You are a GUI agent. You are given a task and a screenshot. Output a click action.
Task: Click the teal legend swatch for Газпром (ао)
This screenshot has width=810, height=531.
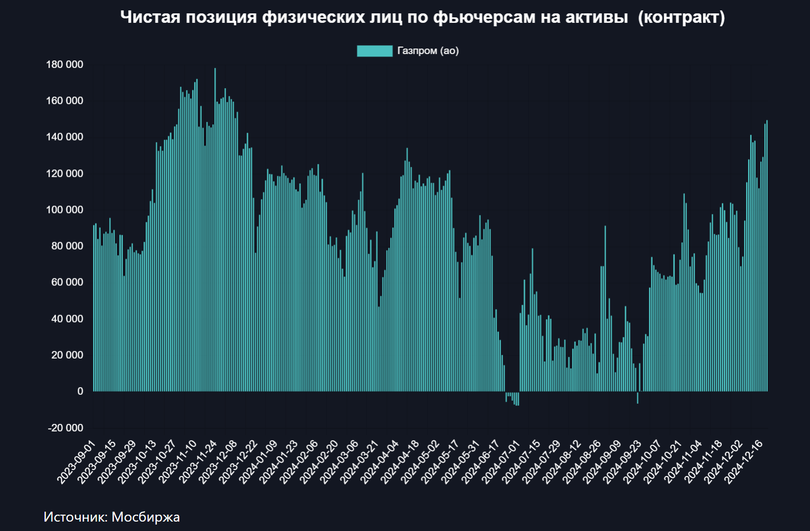(x=374, y=51)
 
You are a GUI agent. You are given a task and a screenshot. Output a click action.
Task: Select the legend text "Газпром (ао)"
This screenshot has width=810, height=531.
(x=428, y=51)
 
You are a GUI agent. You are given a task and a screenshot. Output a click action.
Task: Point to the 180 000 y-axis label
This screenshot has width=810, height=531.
(x=64, y=64)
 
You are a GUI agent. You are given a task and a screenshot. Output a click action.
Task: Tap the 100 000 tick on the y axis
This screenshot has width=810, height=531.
(x=64, y=210)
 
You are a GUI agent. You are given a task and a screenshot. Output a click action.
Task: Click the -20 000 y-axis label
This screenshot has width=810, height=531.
(x=65, y=428)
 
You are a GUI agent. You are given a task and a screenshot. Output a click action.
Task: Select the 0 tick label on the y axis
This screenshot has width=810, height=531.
(x=80, y=391)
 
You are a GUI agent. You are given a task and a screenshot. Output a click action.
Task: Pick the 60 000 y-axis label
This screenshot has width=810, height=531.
(x=67, y=282)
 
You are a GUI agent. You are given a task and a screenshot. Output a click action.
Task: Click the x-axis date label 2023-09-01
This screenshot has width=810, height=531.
(x=76, y=462)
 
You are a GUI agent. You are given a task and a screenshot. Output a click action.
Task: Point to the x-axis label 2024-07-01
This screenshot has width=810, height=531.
(x=501, y=462)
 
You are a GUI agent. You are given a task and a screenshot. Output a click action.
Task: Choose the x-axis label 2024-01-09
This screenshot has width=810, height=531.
(x=258, y=462)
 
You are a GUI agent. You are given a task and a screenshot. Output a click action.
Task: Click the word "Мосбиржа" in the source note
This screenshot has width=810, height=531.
(x=146, y=517)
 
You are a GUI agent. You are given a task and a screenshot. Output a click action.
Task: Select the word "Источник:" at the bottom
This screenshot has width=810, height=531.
(x=75, y=517)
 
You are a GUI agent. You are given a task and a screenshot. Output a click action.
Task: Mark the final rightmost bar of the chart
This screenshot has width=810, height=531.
(x=767, y=258)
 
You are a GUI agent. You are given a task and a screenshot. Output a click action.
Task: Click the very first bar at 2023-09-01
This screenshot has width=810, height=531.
(x=94, y=307)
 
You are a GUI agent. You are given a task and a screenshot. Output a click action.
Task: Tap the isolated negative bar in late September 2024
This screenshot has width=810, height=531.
(x=638, y=397)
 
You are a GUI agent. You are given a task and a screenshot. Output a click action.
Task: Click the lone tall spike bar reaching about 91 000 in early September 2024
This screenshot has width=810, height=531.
(x=605, y=307)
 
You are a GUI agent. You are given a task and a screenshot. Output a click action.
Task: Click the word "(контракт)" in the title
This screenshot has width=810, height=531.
(x=682, y=17)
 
